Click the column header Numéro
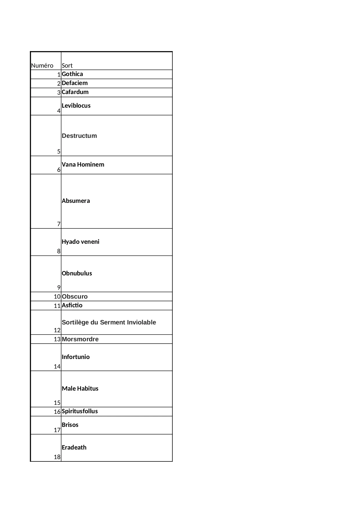tap(42, 66)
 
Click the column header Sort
tap(67, 66)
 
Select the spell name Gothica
tap(72, 74)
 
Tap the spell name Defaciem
tap(75, 83)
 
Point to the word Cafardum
tap(75, 92)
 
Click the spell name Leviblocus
tap(76, 106)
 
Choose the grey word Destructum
tap(79, 136)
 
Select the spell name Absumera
tap(76, 201)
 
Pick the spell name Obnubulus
tap(77, 273)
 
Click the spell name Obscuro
tap(75, 297)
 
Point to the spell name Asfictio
tap(72, 305)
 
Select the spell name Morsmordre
tap(80, 339)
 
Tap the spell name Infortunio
tap(76, 357)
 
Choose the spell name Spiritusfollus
tap(80, 411)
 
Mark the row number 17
tap(57, 430)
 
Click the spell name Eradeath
tap(74, 447)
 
